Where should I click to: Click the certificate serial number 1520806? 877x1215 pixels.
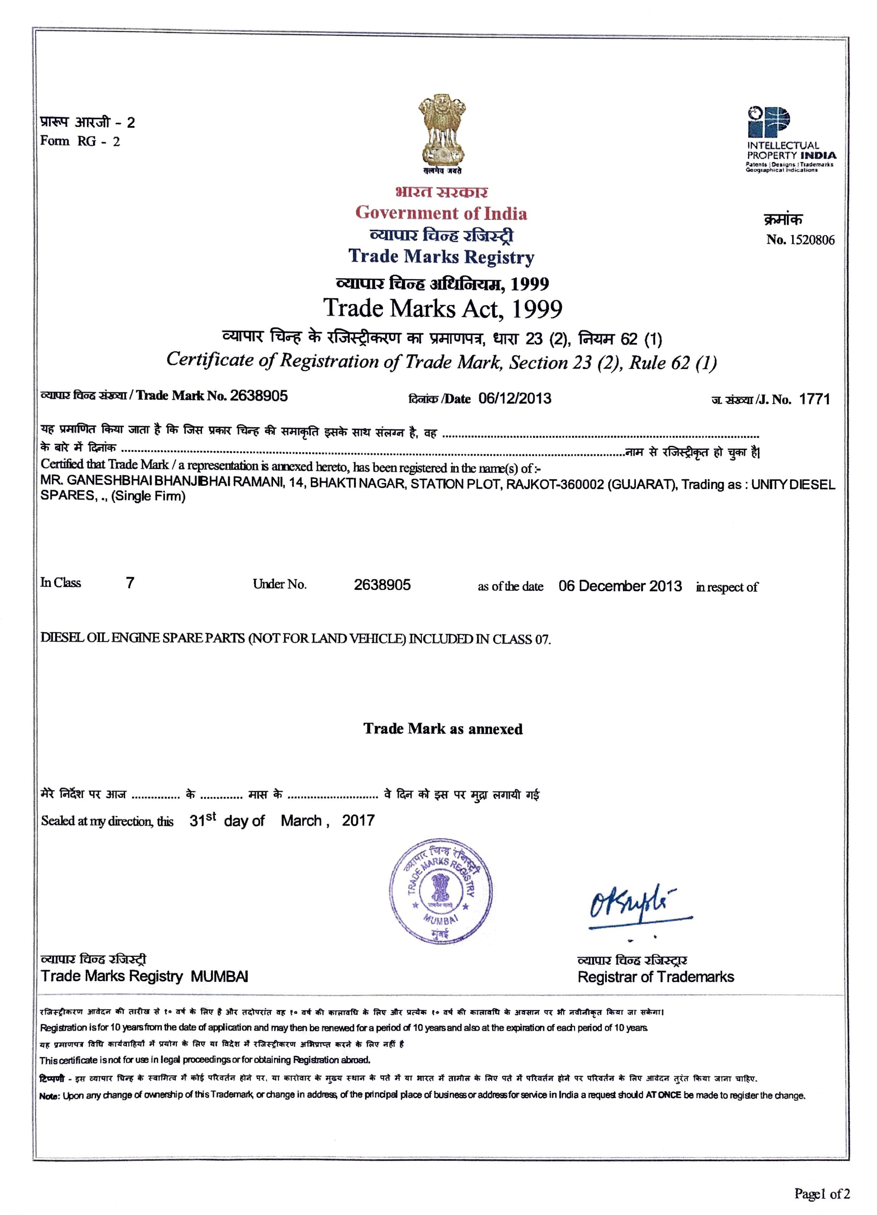point(812,240)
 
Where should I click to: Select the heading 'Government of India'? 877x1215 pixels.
point(441,213)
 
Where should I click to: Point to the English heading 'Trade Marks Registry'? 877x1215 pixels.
point(441,257)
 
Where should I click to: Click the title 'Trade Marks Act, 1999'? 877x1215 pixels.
point(442,309)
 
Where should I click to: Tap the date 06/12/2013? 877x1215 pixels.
point(515,398)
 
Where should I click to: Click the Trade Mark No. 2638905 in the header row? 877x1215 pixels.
point(259,396)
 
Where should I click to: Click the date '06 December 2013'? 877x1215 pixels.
point(620,586)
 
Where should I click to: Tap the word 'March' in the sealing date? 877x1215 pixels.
point(301,821)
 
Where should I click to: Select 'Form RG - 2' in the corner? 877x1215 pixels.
point(80,142)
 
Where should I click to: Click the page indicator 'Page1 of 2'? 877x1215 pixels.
point(821,1193)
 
